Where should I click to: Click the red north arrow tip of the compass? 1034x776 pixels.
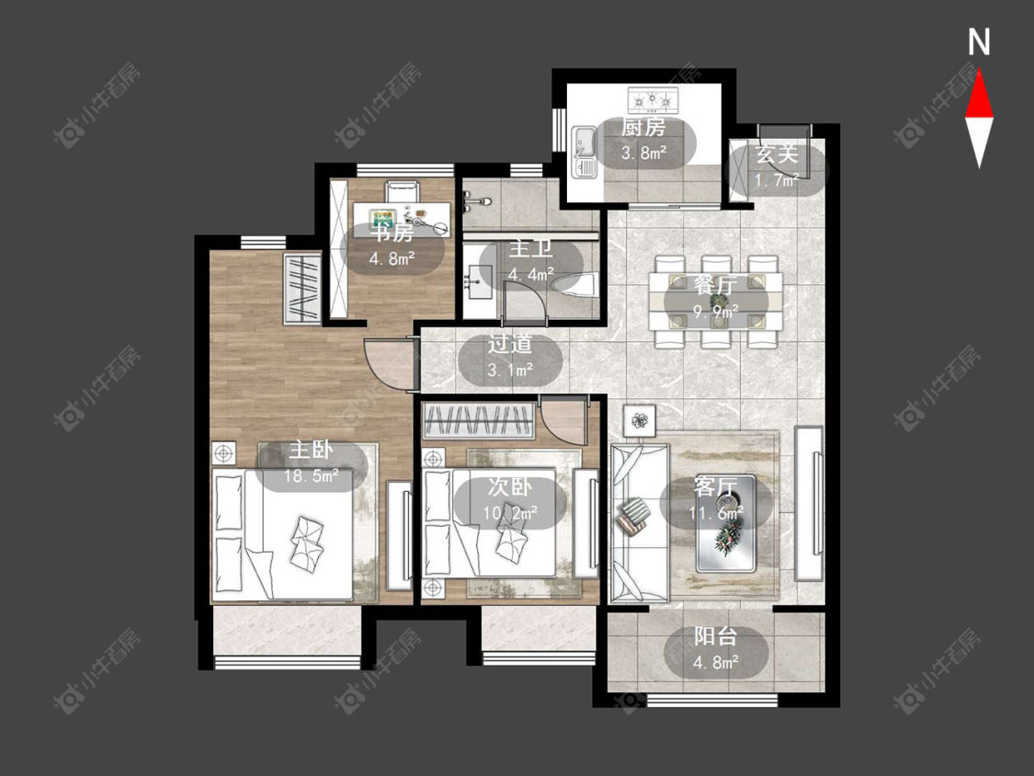(x=979, y=72)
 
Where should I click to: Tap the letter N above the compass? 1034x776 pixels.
(x=979, y=42)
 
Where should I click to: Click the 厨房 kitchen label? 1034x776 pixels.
(x=643, y=127)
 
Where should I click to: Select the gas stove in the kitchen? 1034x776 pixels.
(x=653, y=100)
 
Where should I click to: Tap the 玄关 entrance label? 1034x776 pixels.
(x=776, y=154)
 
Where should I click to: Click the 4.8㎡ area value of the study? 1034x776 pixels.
(x=392, y=258)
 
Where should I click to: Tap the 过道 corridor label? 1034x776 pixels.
(x=510, y=344)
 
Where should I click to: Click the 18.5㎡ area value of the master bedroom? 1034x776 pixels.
(x=312, y=475)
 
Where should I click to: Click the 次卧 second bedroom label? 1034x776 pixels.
(x=510, y=487)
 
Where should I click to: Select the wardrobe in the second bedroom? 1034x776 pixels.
(x=478, y=421)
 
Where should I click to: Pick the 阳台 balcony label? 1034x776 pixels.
(x=715, y=637)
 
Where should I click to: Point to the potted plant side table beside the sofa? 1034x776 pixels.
(x=640, y=419)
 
